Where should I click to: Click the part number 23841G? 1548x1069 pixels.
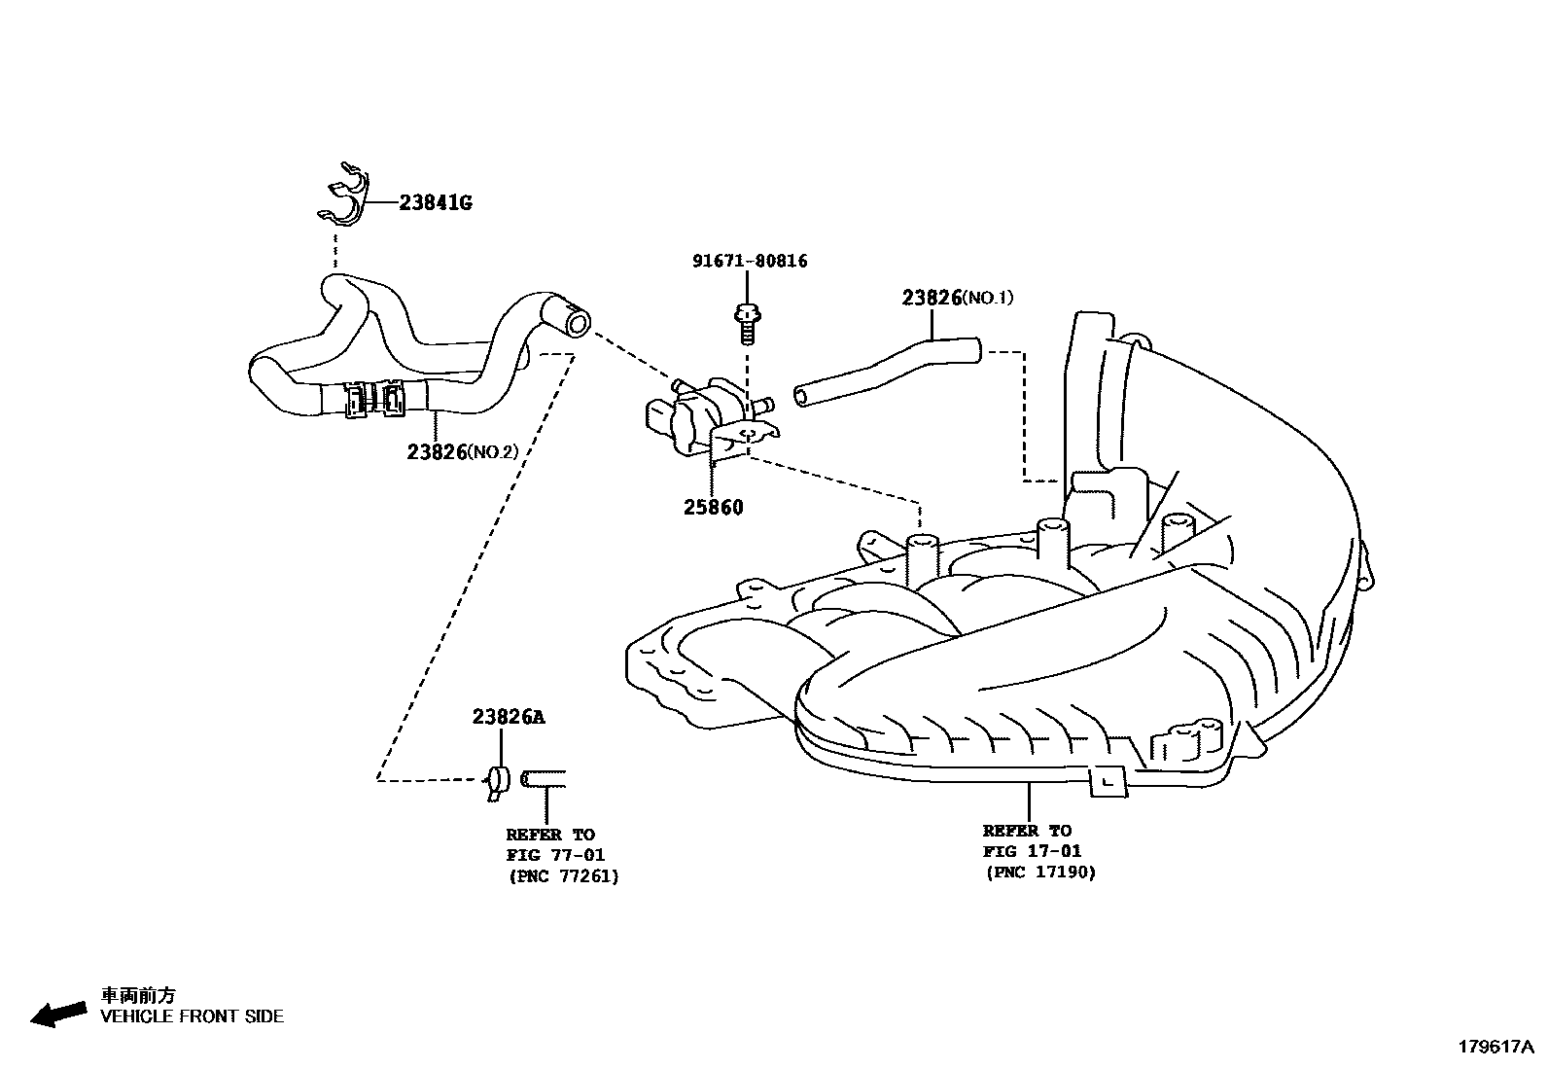click(435, 203)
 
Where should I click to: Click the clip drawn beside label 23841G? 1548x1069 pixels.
click(344, 197)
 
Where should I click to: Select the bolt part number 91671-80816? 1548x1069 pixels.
click(750, 261)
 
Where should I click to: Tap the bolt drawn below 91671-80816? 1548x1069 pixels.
click(747, 323)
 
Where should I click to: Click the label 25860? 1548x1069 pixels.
click(713, 507)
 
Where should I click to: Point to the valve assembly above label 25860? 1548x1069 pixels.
click(707, 416)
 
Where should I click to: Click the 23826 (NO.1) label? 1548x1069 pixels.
click(957, 298)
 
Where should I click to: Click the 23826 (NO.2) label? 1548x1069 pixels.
click(463, 452)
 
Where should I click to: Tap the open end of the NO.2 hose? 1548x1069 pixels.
click(578, 322)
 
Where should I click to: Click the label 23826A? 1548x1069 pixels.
click(509, 717)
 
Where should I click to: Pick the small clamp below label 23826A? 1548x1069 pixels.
click(500, 780)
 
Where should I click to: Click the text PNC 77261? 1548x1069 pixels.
click(563, 875)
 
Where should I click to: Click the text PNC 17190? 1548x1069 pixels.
click(1040, 872)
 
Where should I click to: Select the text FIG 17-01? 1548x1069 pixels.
click(1032, 851)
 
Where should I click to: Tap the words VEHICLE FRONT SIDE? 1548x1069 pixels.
click(193, 1016)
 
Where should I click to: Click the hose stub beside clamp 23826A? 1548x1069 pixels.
click(544, 778)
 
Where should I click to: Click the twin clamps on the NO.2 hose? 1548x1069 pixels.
click(375, 399)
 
